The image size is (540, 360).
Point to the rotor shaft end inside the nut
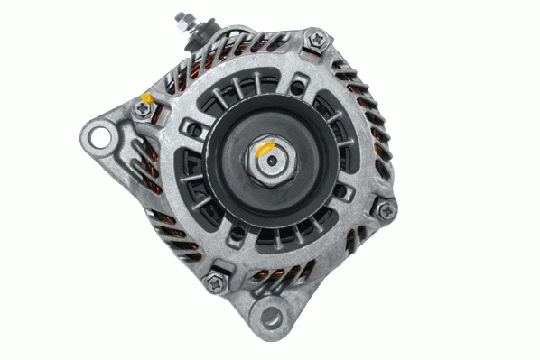271,162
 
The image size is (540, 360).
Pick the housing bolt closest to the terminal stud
315,40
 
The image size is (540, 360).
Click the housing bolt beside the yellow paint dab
143,108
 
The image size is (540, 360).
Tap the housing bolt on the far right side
386,210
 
